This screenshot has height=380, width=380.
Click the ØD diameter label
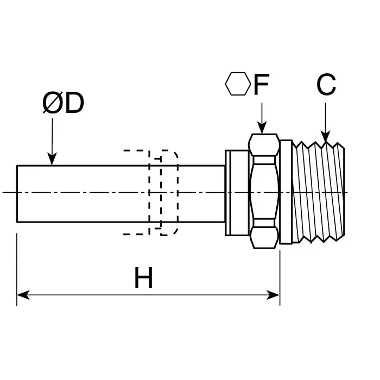pos(64,104)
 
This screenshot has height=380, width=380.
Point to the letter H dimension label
pos(144,279)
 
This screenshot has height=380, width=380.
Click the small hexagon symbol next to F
pos(237,84)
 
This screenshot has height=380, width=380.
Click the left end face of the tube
pos(17,193)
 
